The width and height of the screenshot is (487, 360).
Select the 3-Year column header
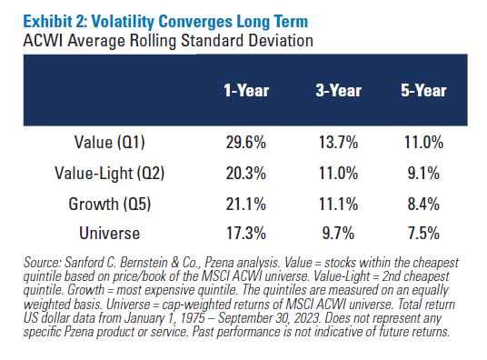[x=333, y=92]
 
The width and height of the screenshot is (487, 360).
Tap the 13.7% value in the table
[x=333, y=144]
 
